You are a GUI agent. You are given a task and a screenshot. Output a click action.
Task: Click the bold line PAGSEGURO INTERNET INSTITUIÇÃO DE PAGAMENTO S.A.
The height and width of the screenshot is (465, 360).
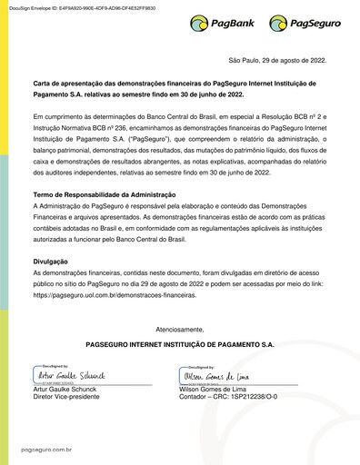pos(179,345)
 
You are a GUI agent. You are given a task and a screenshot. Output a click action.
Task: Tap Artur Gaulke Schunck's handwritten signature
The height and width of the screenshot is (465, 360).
pos(70,374)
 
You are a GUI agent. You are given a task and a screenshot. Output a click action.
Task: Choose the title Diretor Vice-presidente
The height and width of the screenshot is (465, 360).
pos(65,397)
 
